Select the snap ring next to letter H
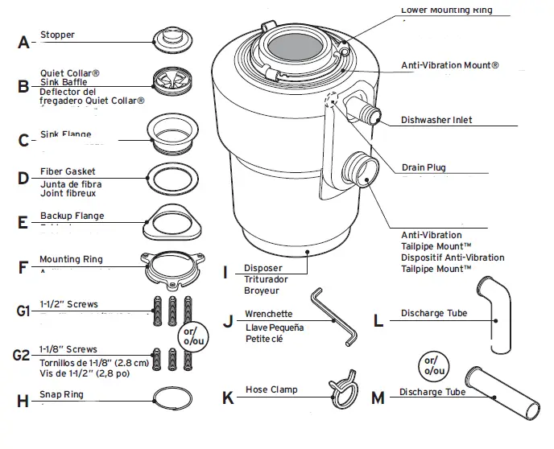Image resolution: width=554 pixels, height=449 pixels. coord(171,398)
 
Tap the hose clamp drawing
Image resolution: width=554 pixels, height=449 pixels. coord(345,389)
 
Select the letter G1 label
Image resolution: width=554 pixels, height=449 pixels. coord(23,309)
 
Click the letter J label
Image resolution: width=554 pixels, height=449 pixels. coord(228,320)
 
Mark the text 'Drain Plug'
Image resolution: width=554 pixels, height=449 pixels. coord(423,167)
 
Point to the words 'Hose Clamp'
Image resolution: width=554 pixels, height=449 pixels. coord(271,389)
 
